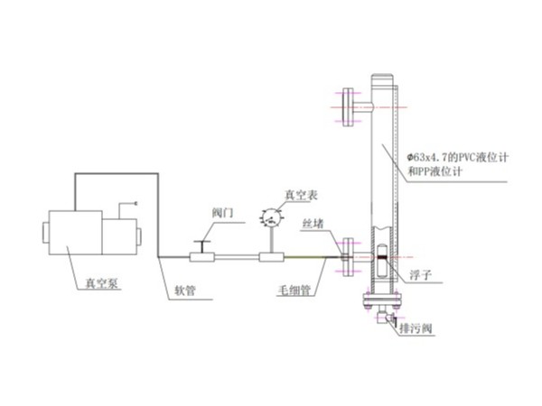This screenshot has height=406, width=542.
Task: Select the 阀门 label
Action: coord(222,211)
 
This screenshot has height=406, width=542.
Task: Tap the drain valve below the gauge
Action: coord(387,317)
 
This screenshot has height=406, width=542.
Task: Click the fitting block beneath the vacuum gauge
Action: coord(271,258)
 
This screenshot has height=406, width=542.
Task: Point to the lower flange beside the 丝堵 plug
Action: coord(348,257)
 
